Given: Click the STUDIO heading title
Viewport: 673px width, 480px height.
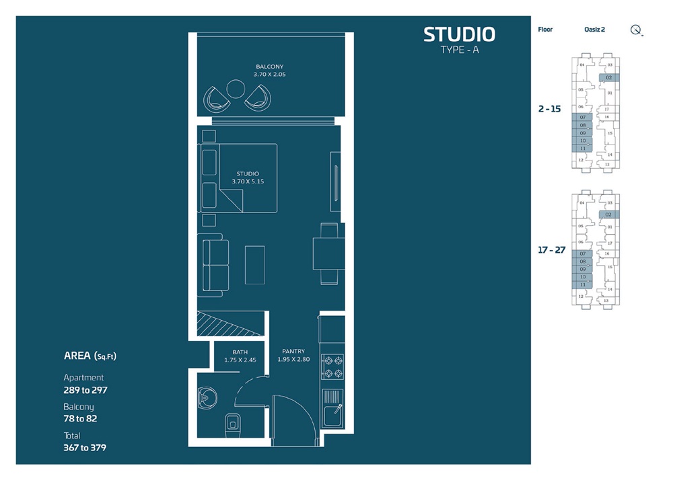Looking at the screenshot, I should (x=459, y=34).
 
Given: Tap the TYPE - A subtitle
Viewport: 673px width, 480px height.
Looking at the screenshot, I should (x=459, y=50).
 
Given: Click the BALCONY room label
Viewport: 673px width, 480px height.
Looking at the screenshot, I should (x=269, y=66).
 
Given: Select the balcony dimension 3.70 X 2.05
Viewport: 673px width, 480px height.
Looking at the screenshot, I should (x=269, y=75).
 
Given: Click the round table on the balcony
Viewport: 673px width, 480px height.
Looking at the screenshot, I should (x=236, y=89).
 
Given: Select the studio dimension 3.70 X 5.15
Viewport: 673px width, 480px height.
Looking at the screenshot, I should (x=248, y=182).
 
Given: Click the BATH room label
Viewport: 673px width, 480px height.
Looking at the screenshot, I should (x=240, y=352).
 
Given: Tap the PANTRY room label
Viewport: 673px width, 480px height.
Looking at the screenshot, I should (x=293, y=351).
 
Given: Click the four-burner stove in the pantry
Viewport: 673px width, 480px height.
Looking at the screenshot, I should (x=333, y=367).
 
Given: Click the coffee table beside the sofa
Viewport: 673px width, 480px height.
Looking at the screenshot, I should (x=254, y=265).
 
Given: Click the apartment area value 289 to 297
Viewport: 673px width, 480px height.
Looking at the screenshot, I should (x=85, y=390).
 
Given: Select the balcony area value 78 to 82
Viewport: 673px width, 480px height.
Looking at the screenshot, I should (x=81, y=418).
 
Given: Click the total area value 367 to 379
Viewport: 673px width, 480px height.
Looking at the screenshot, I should (x=85, y=447).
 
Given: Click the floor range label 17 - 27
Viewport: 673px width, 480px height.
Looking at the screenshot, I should (x=552, y=249).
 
